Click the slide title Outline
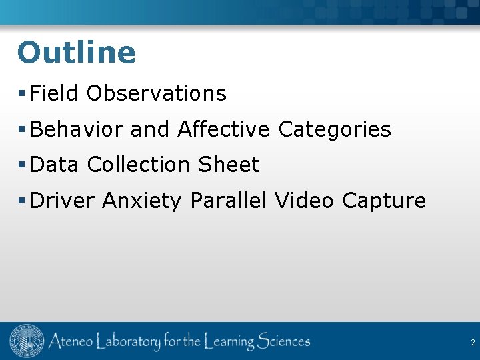[x=76, y=53]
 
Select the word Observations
[x=157, y=93]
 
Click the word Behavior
[x=77, y=129]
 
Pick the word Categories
[x=335, y=129]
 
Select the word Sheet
[x=229, y=165]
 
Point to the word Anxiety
[x=141, y=201]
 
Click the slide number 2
[x=473, y=343]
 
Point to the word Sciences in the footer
[x=275, y=342]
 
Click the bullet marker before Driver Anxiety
[x=23, y=200]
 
